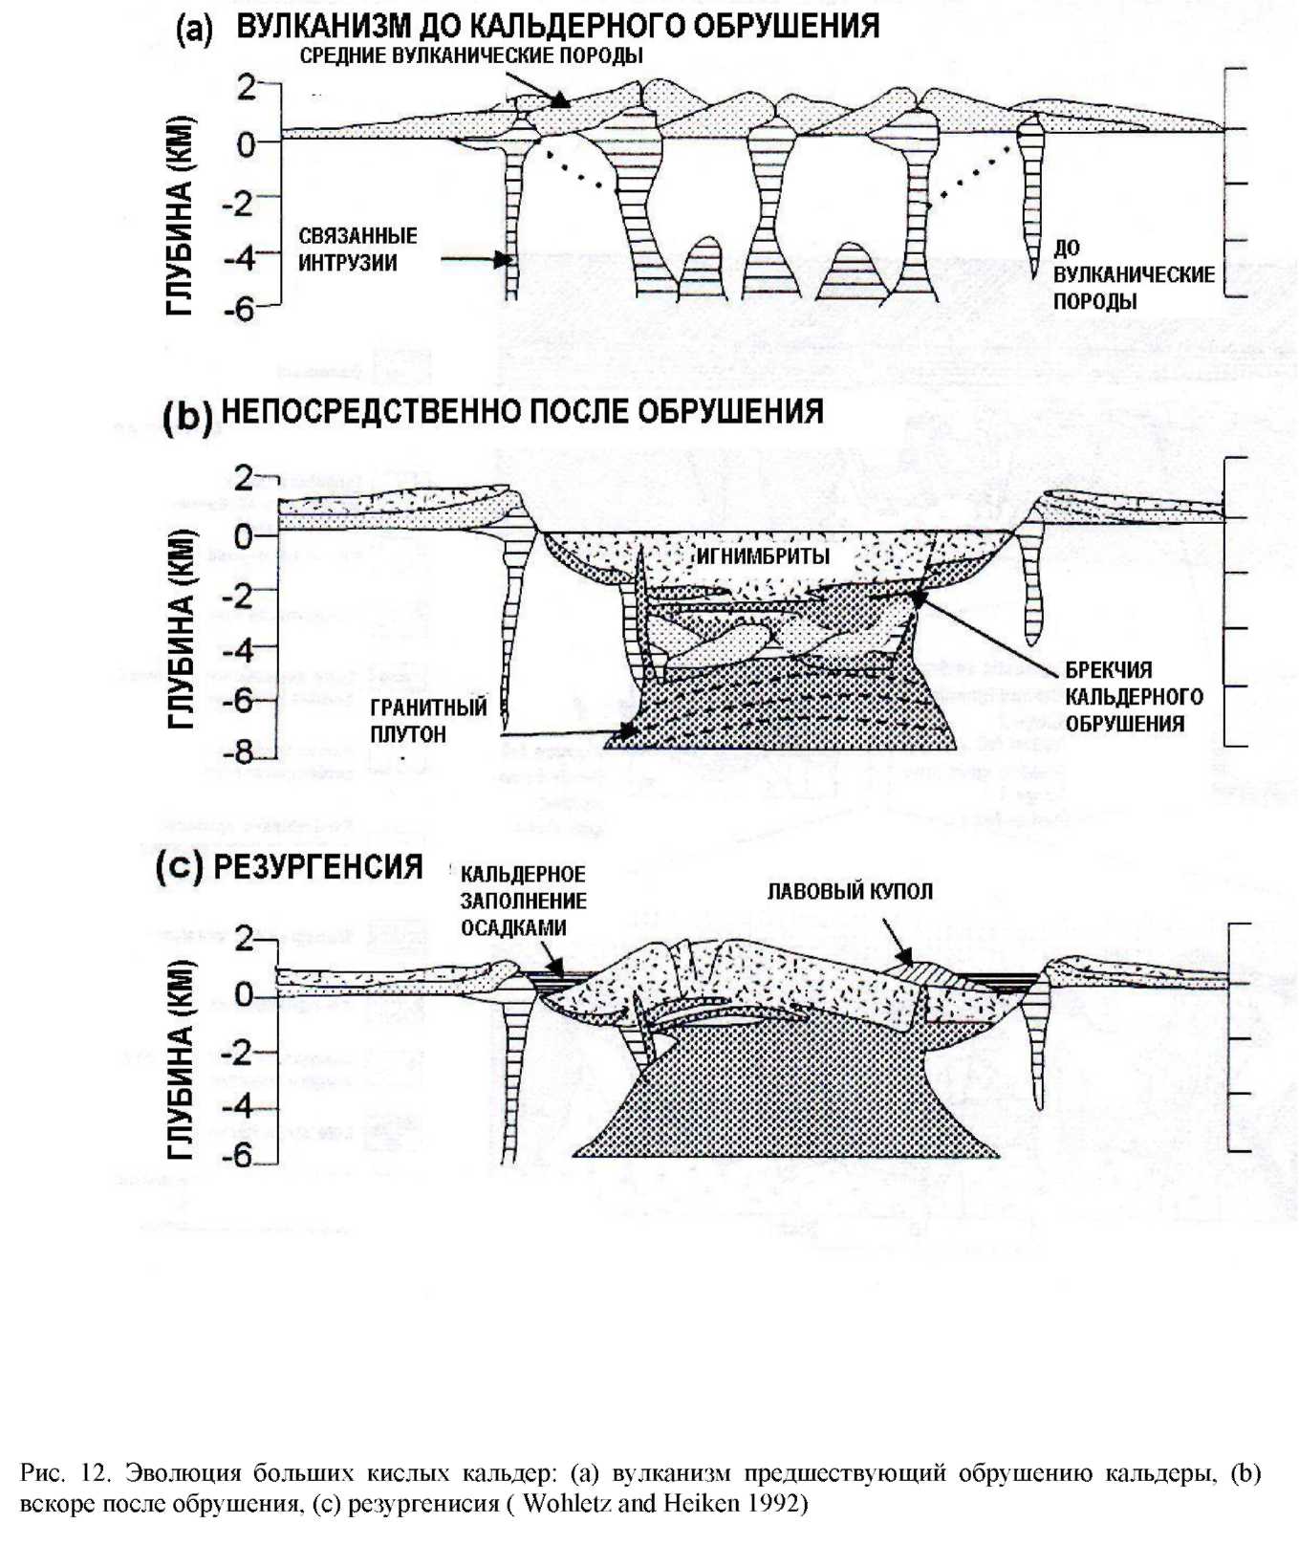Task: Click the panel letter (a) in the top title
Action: point(194,29)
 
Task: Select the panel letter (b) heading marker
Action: point(187,418)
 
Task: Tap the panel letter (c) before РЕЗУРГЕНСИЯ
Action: point(179,867)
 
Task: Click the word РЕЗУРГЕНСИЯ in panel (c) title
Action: point(317,867)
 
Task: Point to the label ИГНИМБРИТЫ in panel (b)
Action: point(764,556)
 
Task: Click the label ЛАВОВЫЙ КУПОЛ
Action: point(850,891)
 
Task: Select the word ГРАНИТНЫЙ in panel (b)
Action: point(428,707)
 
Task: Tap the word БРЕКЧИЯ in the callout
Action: point(1109,669)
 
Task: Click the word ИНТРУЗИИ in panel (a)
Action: point(348,263)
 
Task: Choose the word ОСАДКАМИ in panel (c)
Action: point(513,927)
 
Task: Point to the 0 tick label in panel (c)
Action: point(245,995)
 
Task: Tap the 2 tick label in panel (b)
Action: point(245,477)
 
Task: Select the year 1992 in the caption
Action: point(776,1503)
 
